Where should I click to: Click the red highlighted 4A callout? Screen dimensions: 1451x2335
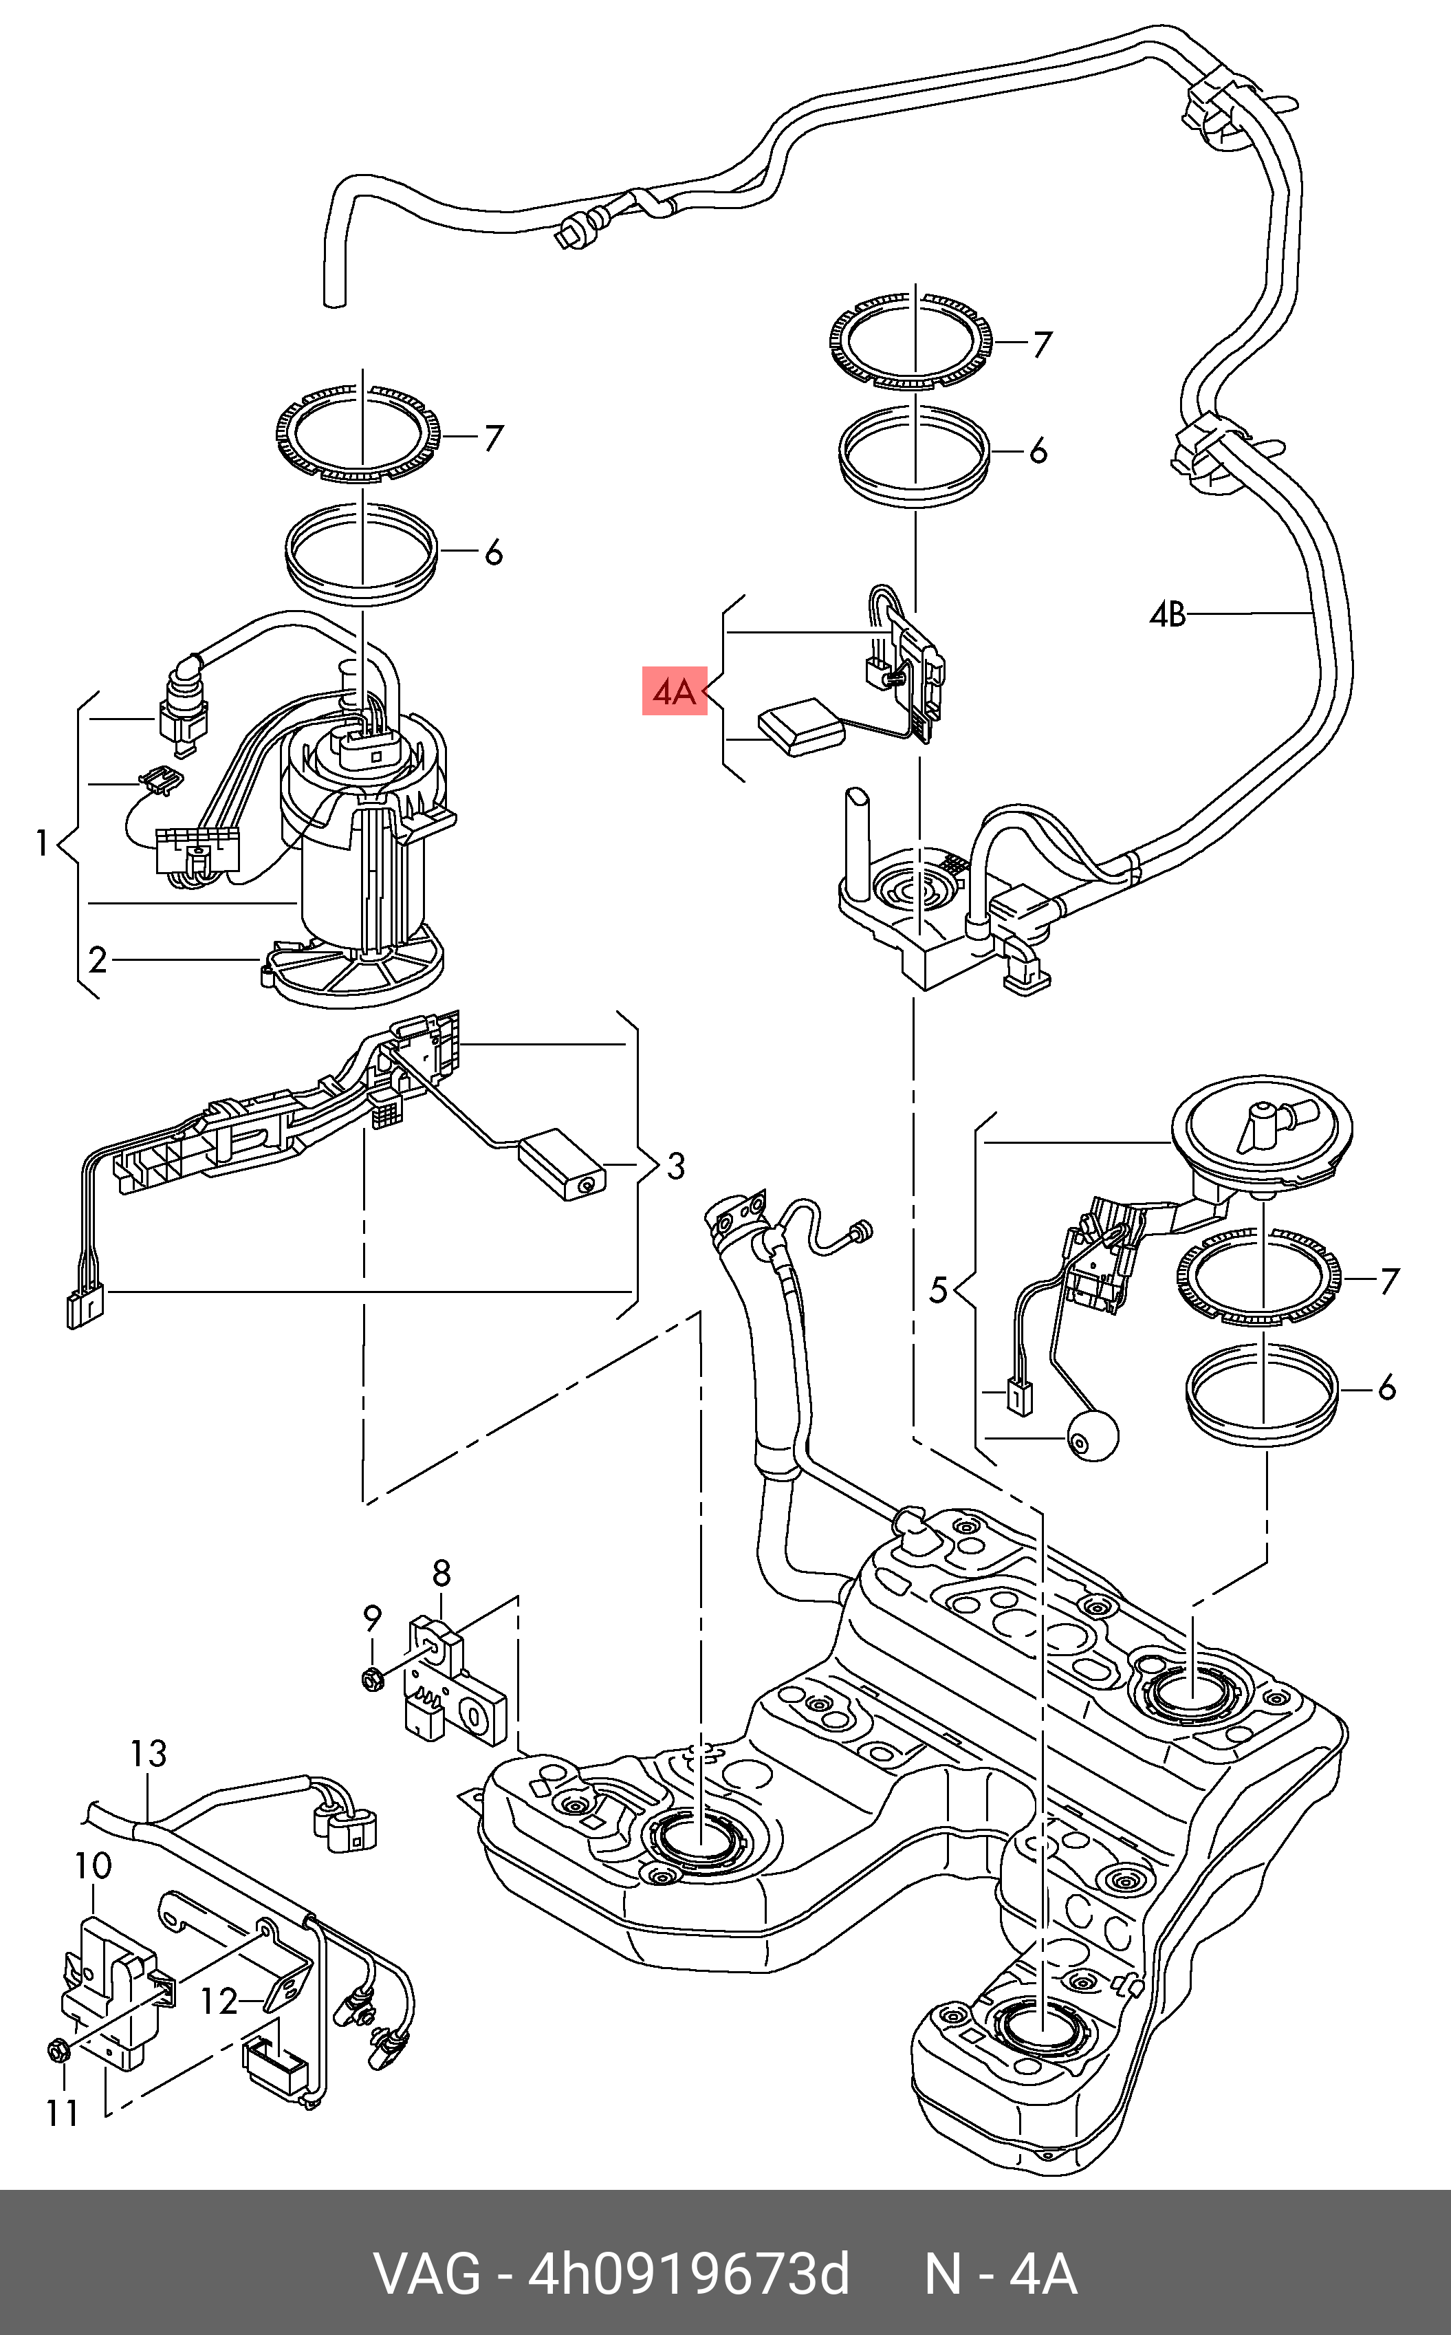(674, 691)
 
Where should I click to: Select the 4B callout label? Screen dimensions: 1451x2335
(1168, 614)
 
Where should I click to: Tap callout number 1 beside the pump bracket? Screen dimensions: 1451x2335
(41, 844)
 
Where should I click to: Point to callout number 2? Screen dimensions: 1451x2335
(97, 959)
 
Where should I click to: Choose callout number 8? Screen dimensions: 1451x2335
(441, 1573)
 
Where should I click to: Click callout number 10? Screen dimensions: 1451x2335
(93, 1867)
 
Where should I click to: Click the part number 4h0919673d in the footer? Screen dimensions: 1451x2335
(689, 2274)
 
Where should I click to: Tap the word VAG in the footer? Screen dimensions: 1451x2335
(427, 2274)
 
